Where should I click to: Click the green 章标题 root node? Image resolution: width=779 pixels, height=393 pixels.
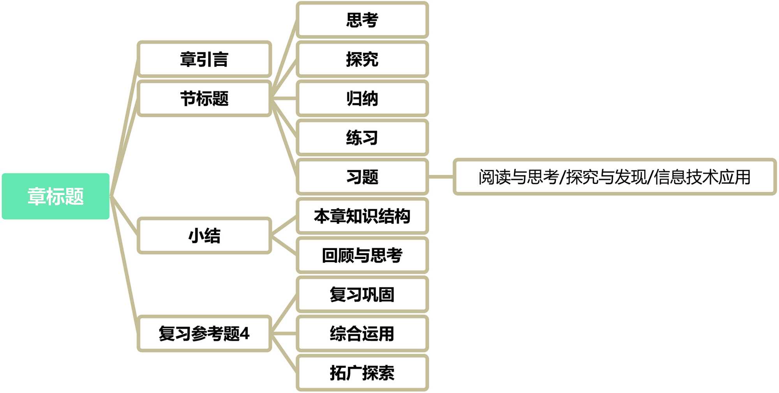56,196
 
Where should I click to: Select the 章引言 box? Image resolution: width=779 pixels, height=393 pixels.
204,59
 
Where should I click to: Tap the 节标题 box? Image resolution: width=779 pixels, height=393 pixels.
204,99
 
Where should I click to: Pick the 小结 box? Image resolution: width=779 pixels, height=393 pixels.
204,236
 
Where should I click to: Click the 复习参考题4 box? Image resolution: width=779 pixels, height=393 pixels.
204,334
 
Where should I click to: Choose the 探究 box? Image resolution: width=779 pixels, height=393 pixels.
362,59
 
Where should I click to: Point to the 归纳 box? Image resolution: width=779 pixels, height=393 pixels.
362,99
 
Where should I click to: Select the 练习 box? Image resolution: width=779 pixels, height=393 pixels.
362,138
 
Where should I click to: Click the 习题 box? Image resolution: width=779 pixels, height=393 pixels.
362,177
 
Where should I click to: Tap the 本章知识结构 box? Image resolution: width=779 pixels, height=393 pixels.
362,216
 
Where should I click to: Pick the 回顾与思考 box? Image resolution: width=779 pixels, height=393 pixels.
362,256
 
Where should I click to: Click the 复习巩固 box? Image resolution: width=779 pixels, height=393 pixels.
362,294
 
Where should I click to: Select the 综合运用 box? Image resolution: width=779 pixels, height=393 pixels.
362,334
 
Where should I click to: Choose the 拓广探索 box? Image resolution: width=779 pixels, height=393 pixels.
362,373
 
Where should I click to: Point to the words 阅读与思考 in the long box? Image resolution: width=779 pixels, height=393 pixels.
518,177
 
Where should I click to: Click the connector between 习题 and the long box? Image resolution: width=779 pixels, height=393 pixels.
441,177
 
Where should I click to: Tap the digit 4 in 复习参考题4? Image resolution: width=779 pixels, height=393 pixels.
245,334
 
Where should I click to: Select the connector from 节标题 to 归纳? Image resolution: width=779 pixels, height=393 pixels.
284,99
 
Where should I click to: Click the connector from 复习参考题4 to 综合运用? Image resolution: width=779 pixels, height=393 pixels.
284,334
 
